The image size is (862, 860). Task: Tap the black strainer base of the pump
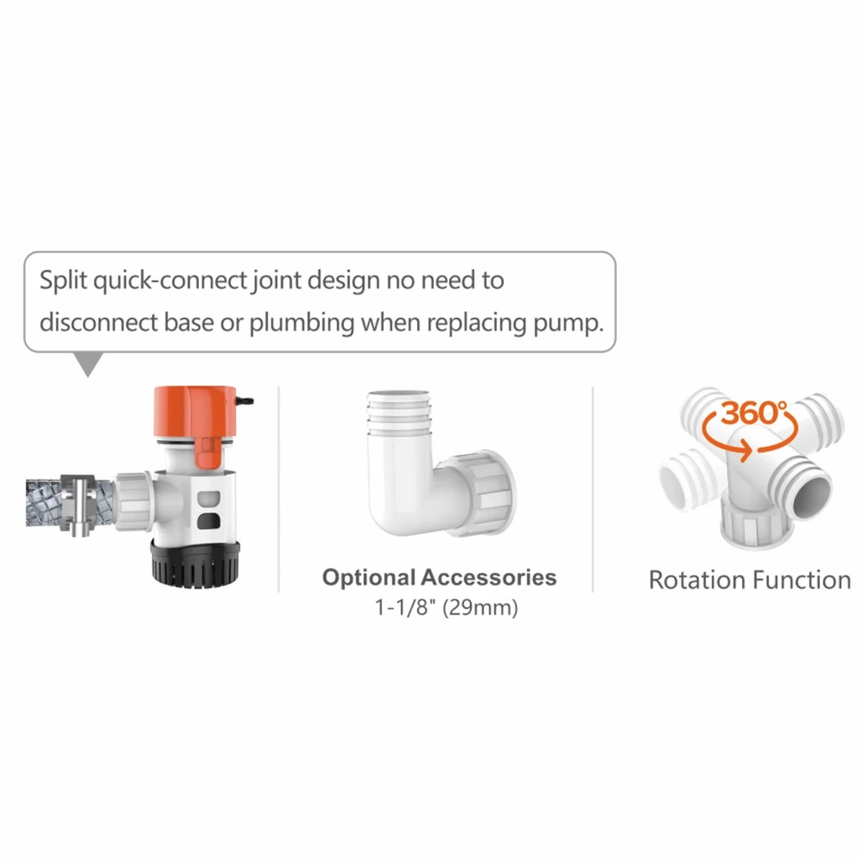pos(196,564)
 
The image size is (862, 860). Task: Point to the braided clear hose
pos(44,503)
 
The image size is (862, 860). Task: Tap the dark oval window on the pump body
pos(208,521)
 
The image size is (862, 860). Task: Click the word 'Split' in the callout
pos(63,281)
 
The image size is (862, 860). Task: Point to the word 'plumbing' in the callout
pos(302,323)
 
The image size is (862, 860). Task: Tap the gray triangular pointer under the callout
pos(88,364)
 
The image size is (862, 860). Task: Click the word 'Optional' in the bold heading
pos(368,578)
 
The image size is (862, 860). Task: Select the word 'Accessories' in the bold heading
pos(488,577)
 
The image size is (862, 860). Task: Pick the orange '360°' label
pos(754,412)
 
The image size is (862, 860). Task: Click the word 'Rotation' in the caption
pos(697,580)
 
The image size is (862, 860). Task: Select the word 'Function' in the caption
pos(801,580)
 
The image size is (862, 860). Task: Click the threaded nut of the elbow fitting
pos(488,493)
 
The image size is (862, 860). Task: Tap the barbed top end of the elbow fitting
pos(400,412)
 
